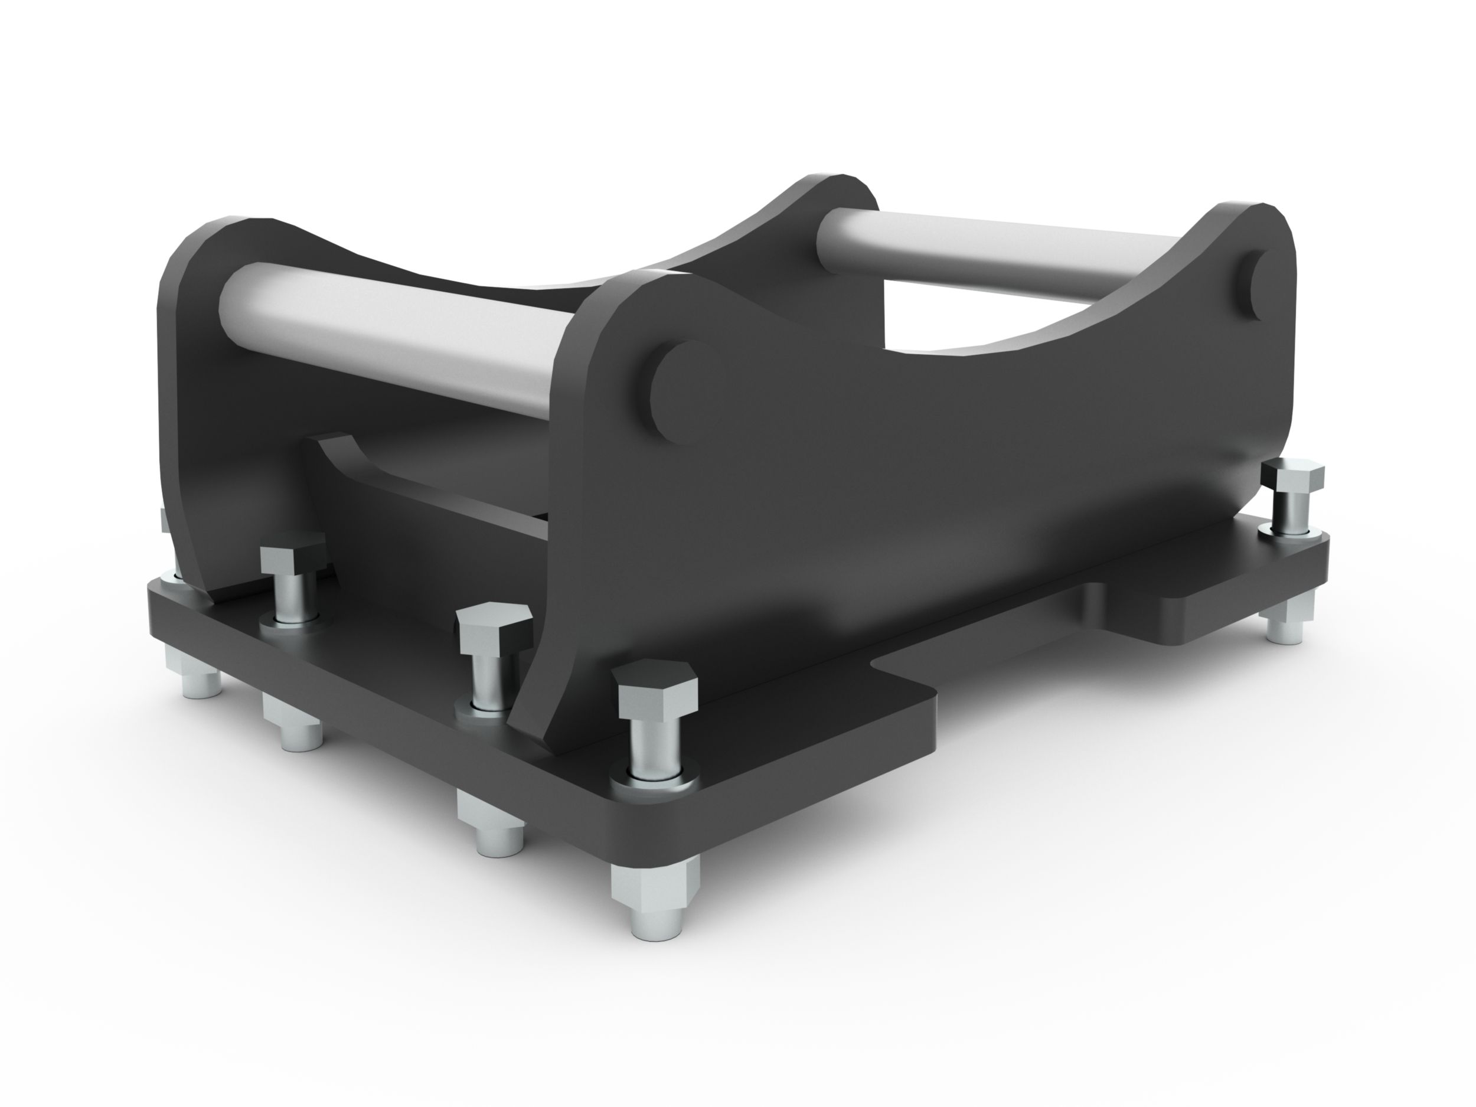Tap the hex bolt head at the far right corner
[x=1292, y=476]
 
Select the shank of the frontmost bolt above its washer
[x=657, y=741]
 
